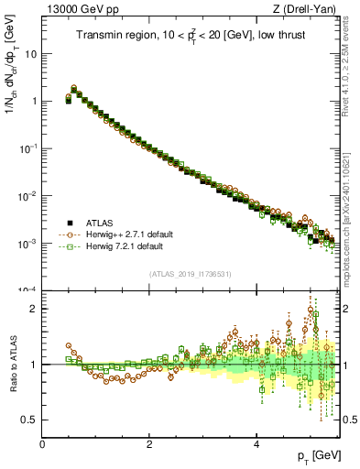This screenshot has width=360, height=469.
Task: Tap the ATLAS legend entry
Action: point(100,223)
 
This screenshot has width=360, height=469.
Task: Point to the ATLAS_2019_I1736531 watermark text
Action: point(191,274)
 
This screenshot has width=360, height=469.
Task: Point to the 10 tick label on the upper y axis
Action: point(30,53)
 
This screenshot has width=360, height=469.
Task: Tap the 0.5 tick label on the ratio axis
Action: point(28,420)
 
